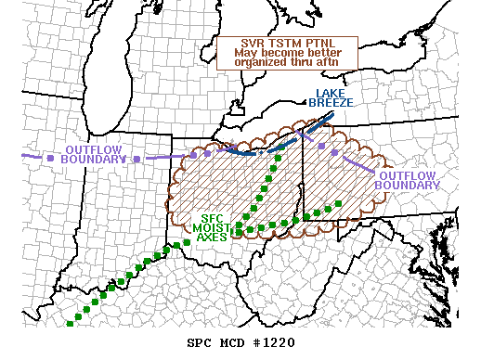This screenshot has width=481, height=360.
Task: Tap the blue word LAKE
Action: [x=331, y=93]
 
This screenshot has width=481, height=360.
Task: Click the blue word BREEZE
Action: [x=331, y=102]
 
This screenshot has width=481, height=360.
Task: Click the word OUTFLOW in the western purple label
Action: [x=91, y=150]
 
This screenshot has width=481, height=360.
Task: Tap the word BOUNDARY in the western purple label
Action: [x=93, y=160]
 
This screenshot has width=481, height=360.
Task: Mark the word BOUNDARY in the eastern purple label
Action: [x=407, y=185]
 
